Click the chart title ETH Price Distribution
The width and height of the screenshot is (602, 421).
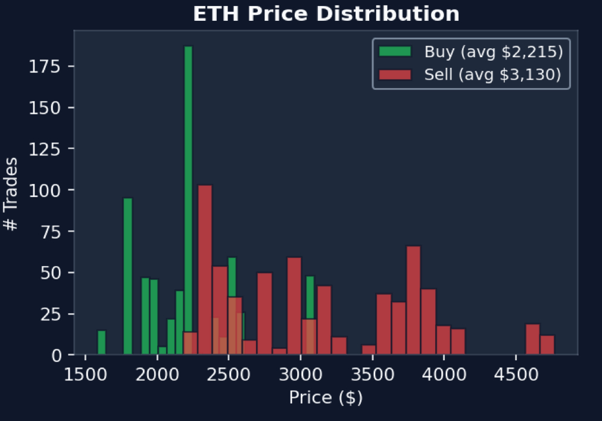point(326,14)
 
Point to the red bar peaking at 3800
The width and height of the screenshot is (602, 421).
point(413,300)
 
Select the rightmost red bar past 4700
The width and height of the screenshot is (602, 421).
point(547,345)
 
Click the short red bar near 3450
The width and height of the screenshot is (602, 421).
point(369,350)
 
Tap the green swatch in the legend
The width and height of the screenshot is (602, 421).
point(395,52)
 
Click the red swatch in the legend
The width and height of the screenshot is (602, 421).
point(395,75)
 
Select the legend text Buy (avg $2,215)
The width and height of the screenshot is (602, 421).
point(493,52)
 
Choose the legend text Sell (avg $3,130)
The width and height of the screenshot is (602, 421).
point(493,75)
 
